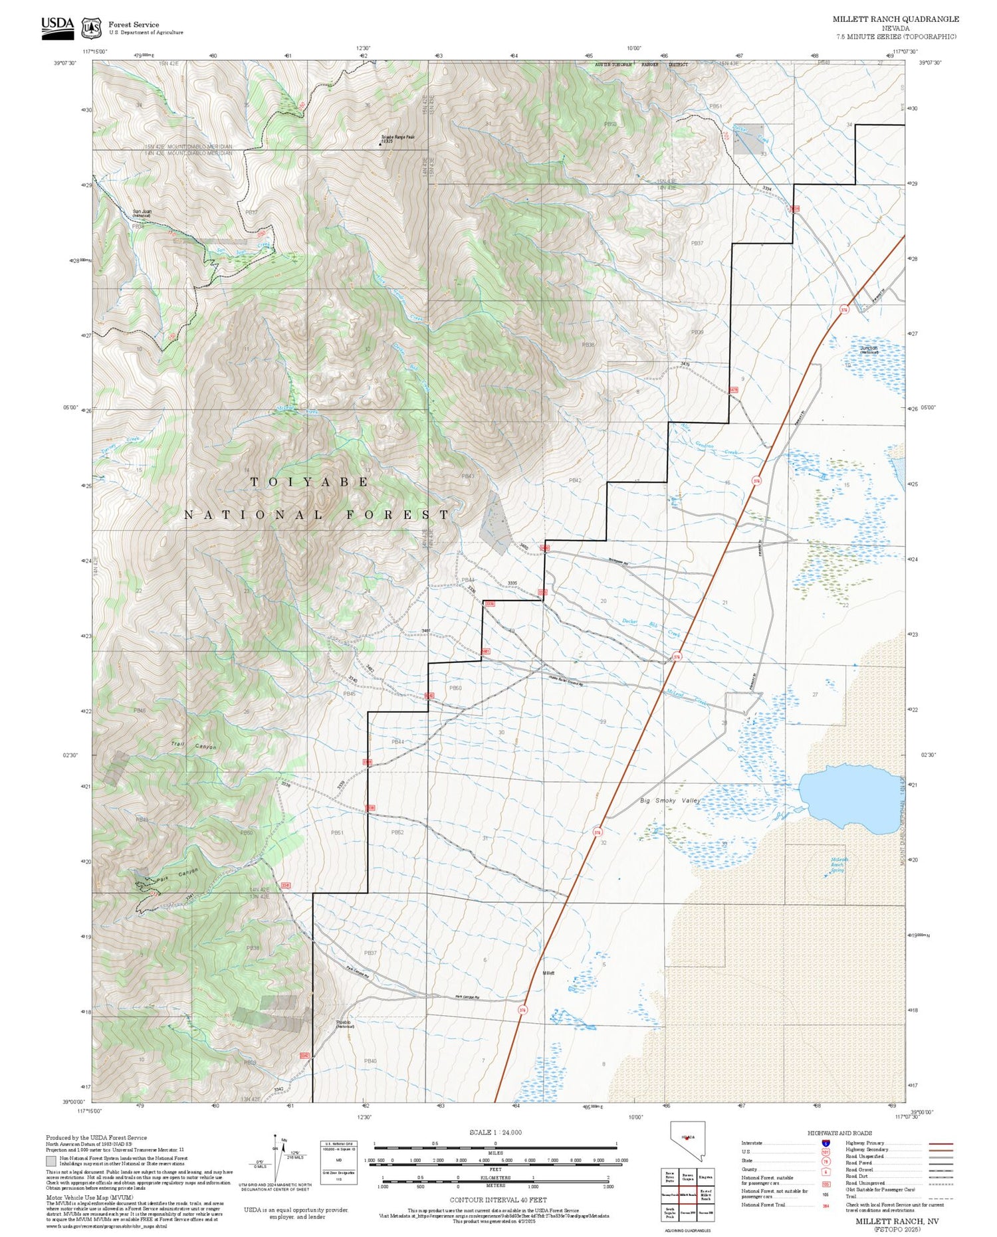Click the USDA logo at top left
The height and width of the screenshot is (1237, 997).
pos(57,27)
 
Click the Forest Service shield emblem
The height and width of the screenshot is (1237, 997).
pos(91,28)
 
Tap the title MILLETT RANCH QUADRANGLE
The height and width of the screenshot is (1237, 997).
pos(895,19)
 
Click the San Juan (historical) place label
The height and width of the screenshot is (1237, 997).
pos(142,213)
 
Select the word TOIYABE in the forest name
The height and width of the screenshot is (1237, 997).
pos(310,482)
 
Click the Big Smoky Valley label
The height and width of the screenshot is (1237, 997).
pos(670,801)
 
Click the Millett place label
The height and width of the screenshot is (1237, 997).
pos(548,973)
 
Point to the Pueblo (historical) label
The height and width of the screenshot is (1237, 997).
pos(344,1024)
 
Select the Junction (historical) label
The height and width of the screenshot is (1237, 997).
pos(869,349)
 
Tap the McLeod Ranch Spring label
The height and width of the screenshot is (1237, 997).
pos(839,864)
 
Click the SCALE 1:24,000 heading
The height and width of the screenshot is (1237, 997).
pos(495,1132)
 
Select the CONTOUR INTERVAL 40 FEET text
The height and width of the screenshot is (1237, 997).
pos(498,1200)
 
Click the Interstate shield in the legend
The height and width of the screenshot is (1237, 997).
pos(825,1143)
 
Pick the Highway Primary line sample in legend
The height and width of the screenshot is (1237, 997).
pos(937,1144)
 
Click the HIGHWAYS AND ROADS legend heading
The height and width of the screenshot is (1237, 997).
pos(839,1133)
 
